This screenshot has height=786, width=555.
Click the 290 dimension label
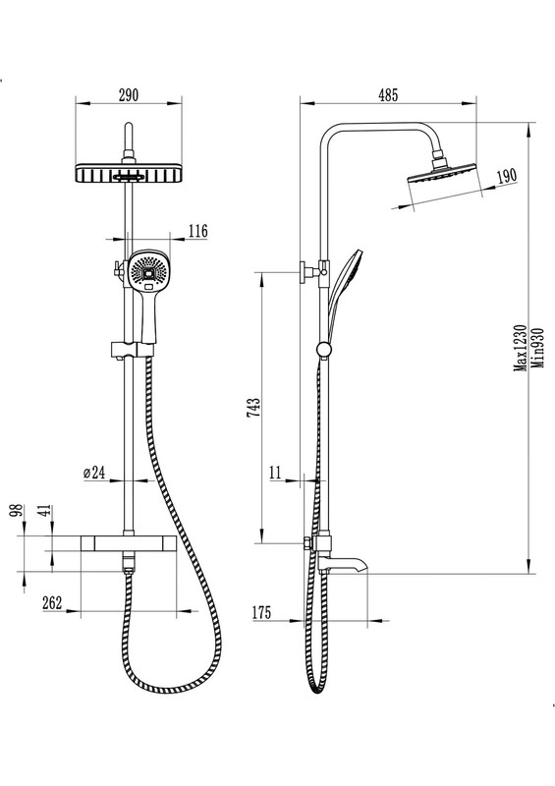pyautogui.click(x=128, y=94)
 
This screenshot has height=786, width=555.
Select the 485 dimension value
pyautogui.click(x=388, y=94)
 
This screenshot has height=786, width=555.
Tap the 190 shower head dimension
pyautogui.click(x=506, y=177)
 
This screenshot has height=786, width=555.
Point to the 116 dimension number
pyautogui.click(x=197, y=231)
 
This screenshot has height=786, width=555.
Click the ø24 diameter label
pyautogui.click(x=94, y=473)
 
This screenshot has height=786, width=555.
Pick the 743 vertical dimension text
pyautogui.click(x=253, y=407)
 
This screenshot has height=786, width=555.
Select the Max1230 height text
pyautogui.click(x=521, y=348)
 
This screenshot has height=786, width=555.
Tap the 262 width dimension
pyautogui.click(x=52, y=602)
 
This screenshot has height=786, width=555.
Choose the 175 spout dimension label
pyautogui.click(x=260, y=612)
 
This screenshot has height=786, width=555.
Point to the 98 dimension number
pyautogui.click(x=18, y=510)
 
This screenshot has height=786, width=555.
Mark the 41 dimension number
pyautogui.click(x=44, y=510)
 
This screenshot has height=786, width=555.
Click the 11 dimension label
pyautogui.click(x=276, y=473)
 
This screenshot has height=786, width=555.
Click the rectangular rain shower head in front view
pyautogui.click(x=129, y=173)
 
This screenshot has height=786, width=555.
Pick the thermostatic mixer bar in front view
pyautogui.click(x=129, y=542)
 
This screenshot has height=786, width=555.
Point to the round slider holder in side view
pyautogui.click(x=323, y=350)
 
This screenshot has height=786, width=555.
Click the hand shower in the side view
pyautogui.click(x=344, y=296)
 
